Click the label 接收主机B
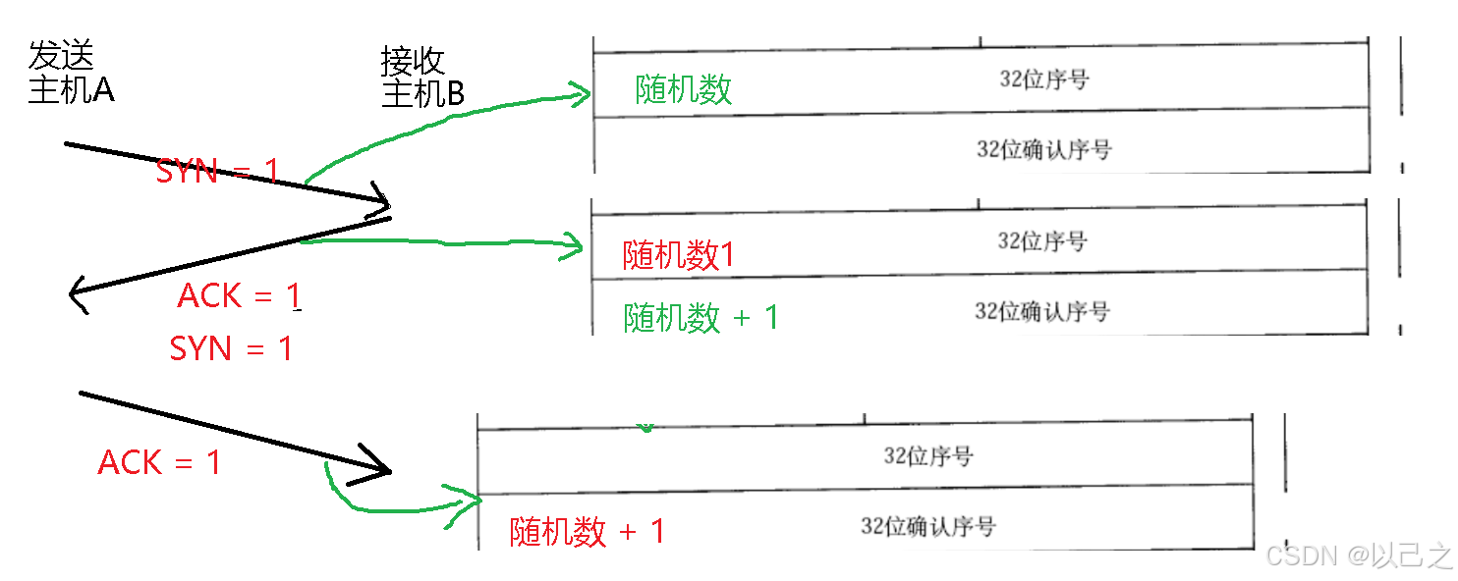pyautogui.click(x=422, y=78)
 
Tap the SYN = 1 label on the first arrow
pyautogui.click(x=217, y=172)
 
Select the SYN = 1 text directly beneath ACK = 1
pyautogui.click(x=231, y=348)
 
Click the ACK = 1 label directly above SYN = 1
pyautogui.click(x=239, y=295)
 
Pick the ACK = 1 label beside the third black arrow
pyautogui.click(x=159, y=462)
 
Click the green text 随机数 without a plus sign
pyautogui.click(x=684, y=89)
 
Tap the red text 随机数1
pyautogui.click(x=679, y=255)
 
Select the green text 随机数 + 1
pyautogui.click(x=701, y=317)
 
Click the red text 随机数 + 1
pyautogui.click(x=587, y=532)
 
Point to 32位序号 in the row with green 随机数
pyautogui.click(x=1043, y=79)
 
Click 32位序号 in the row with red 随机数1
pyautogui.click(x=1042, y=241)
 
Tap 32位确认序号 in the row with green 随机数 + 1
pyautogui.click(x=1041, y=312)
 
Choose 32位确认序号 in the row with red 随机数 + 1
pyautogui.click(x=927, y=527)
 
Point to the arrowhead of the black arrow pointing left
pyautogui.click(x=74, y=291)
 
